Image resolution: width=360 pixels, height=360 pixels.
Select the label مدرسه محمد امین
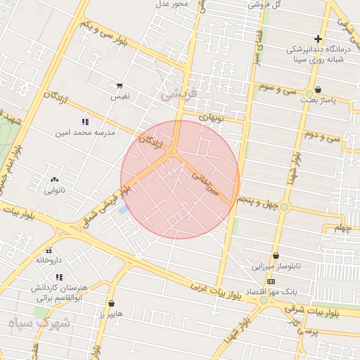(85, 131)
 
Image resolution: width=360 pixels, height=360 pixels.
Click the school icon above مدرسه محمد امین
(85, 122)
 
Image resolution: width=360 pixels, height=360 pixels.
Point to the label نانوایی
(55, 190)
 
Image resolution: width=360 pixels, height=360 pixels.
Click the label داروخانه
(49, 260)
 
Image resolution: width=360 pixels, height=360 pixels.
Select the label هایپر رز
(111, 314)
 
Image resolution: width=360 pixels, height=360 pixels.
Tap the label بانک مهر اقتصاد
(271, 290)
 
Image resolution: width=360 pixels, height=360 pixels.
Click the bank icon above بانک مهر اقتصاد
(271, 281)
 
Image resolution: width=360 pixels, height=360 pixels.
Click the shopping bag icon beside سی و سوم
(319, 90)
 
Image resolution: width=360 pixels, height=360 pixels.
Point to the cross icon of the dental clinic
(319, 39)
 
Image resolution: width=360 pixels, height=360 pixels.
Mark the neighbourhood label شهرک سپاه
(37, 323)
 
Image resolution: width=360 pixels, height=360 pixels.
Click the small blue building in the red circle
(124, 209)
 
